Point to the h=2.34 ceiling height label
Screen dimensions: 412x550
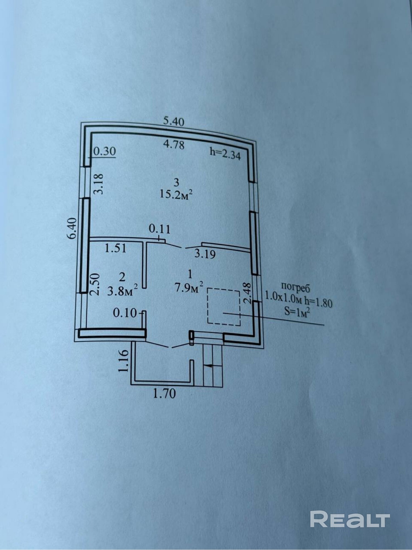225,155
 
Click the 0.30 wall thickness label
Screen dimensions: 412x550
104,151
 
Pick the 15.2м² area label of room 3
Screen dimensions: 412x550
176,195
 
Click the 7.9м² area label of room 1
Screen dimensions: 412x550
189,288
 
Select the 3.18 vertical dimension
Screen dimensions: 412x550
98,184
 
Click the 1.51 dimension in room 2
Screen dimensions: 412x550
115,248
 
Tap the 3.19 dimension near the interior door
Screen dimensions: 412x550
205,254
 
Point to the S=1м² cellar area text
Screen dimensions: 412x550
296,312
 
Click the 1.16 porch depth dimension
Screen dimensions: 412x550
123,361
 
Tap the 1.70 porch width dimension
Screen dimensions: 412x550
164,394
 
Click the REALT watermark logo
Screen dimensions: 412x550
350,519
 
